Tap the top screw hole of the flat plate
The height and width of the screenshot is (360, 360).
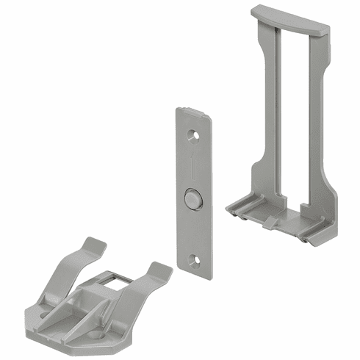(193, 136)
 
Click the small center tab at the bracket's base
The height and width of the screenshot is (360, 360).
(271, 221)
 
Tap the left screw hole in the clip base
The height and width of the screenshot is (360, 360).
(46, 313)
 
